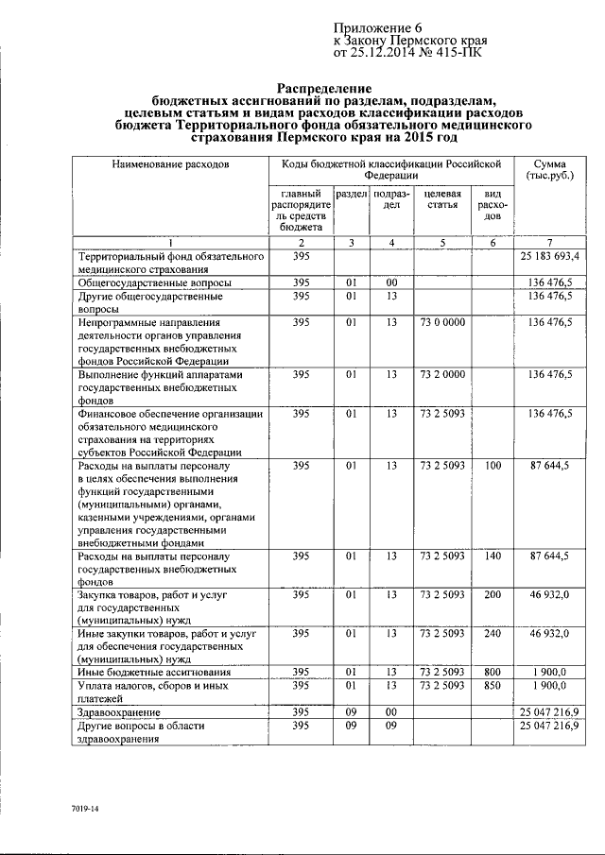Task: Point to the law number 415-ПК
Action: [x=458, y=55]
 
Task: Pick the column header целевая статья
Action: [x=443, y=199]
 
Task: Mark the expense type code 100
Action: [x=493, y=465]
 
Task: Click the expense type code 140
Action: [x=493, y=556]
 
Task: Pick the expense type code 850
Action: [x=493, y=684]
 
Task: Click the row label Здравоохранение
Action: [x=119, y=711]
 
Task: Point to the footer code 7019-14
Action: [x=84, y=811]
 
